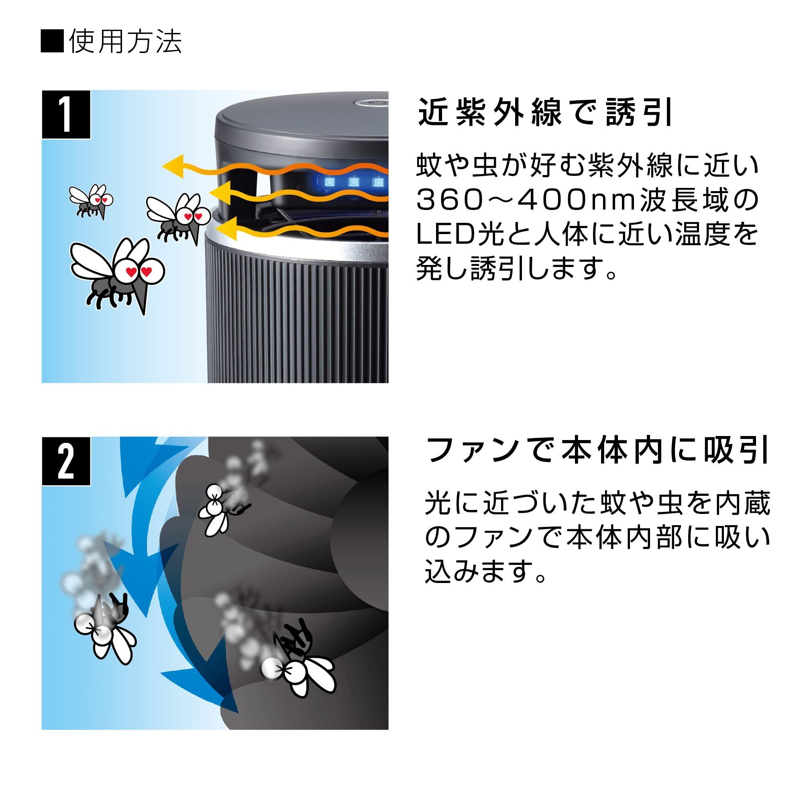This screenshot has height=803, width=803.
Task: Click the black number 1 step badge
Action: point(66,114)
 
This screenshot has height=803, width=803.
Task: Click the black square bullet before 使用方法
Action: point(52,42)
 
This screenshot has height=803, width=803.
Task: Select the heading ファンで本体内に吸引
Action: point(598,451)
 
